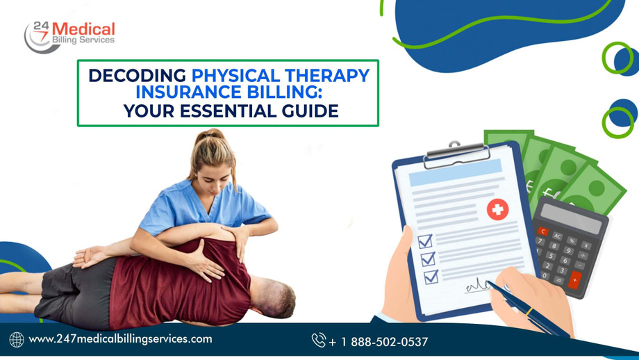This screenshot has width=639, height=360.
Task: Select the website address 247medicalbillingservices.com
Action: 120,339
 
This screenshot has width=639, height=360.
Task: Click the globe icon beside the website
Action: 17,340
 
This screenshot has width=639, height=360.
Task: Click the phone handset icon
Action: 319,340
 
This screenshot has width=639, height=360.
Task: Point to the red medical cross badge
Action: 497,209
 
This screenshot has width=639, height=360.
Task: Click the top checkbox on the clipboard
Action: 425,242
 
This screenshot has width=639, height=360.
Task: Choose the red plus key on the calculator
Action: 574,279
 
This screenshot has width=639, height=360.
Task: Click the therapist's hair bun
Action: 215,134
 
